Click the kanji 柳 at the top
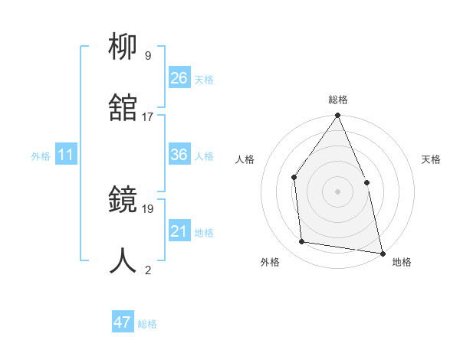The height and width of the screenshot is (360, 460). (123, 48)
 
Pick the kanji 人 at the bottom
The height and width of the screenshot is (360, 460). (123, 261)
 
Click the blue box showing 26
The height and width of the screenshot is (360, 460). (179, 77)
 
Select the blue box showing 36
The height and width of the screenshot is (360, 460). (179, 155)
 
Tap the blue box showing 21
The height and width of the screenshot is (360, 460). (179, 231)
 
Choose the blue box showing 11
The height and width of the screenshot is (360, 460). (66, 155)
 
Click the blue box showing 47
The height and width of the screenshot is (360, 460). (123, 322)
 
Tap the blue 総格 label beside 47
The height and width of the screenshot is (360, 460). (147, 324)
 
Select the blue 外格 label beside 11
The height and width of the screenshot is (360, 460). (41, 156)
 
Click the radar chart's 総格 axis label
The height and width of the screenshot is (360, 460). (337, 100)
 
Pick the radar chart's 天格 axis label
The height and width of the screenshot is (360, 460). (432, 159)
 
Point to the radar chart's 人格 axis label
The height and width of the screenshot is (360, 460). (245, 159)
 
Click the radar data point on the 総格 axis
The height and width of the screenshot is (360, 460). (337, 116)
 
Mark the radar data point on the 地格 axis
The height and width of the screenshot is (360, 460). (382, 253)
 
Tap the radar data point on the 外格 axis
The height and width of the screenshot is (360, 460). (302, 242)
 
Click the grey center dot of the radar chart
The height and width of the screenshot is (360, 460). (337, 191)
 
